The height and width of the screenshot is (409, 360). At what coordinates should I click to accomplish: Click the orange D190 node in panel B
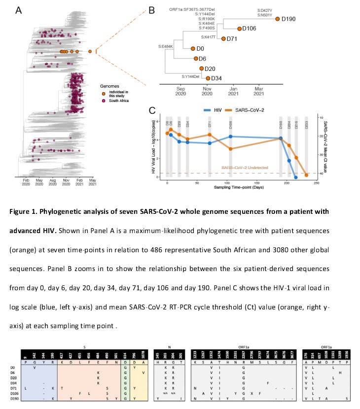[278, 19]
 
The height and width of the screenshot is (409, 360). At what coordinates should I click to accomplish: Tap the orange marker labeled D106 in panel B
[239, 29]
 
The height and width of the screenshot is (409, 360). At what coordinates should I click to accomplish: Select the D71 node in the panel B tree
[223, 38]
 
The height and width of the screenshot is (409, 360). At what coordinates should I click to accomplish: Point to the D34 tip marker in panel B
[208, 78]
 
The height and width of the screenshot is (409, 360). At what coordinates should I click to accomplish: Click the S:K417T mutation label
[210, 37]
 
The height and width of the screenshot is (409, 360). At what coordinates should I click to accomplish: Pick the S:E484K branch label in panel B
[167, 46]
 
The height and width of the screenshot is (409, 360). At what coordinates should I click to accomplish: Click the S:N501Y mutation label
[265, 15]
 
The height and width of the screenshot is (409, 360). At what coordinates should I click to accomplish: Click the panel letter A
[19, 10]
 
